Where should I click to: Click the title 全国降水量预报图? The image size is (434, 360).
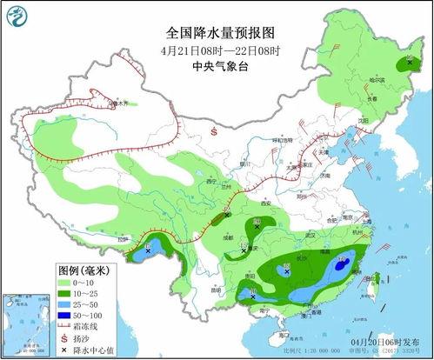click(220, 32)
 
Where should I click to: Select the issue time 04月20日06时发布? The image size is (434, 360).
click(391, 344)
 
